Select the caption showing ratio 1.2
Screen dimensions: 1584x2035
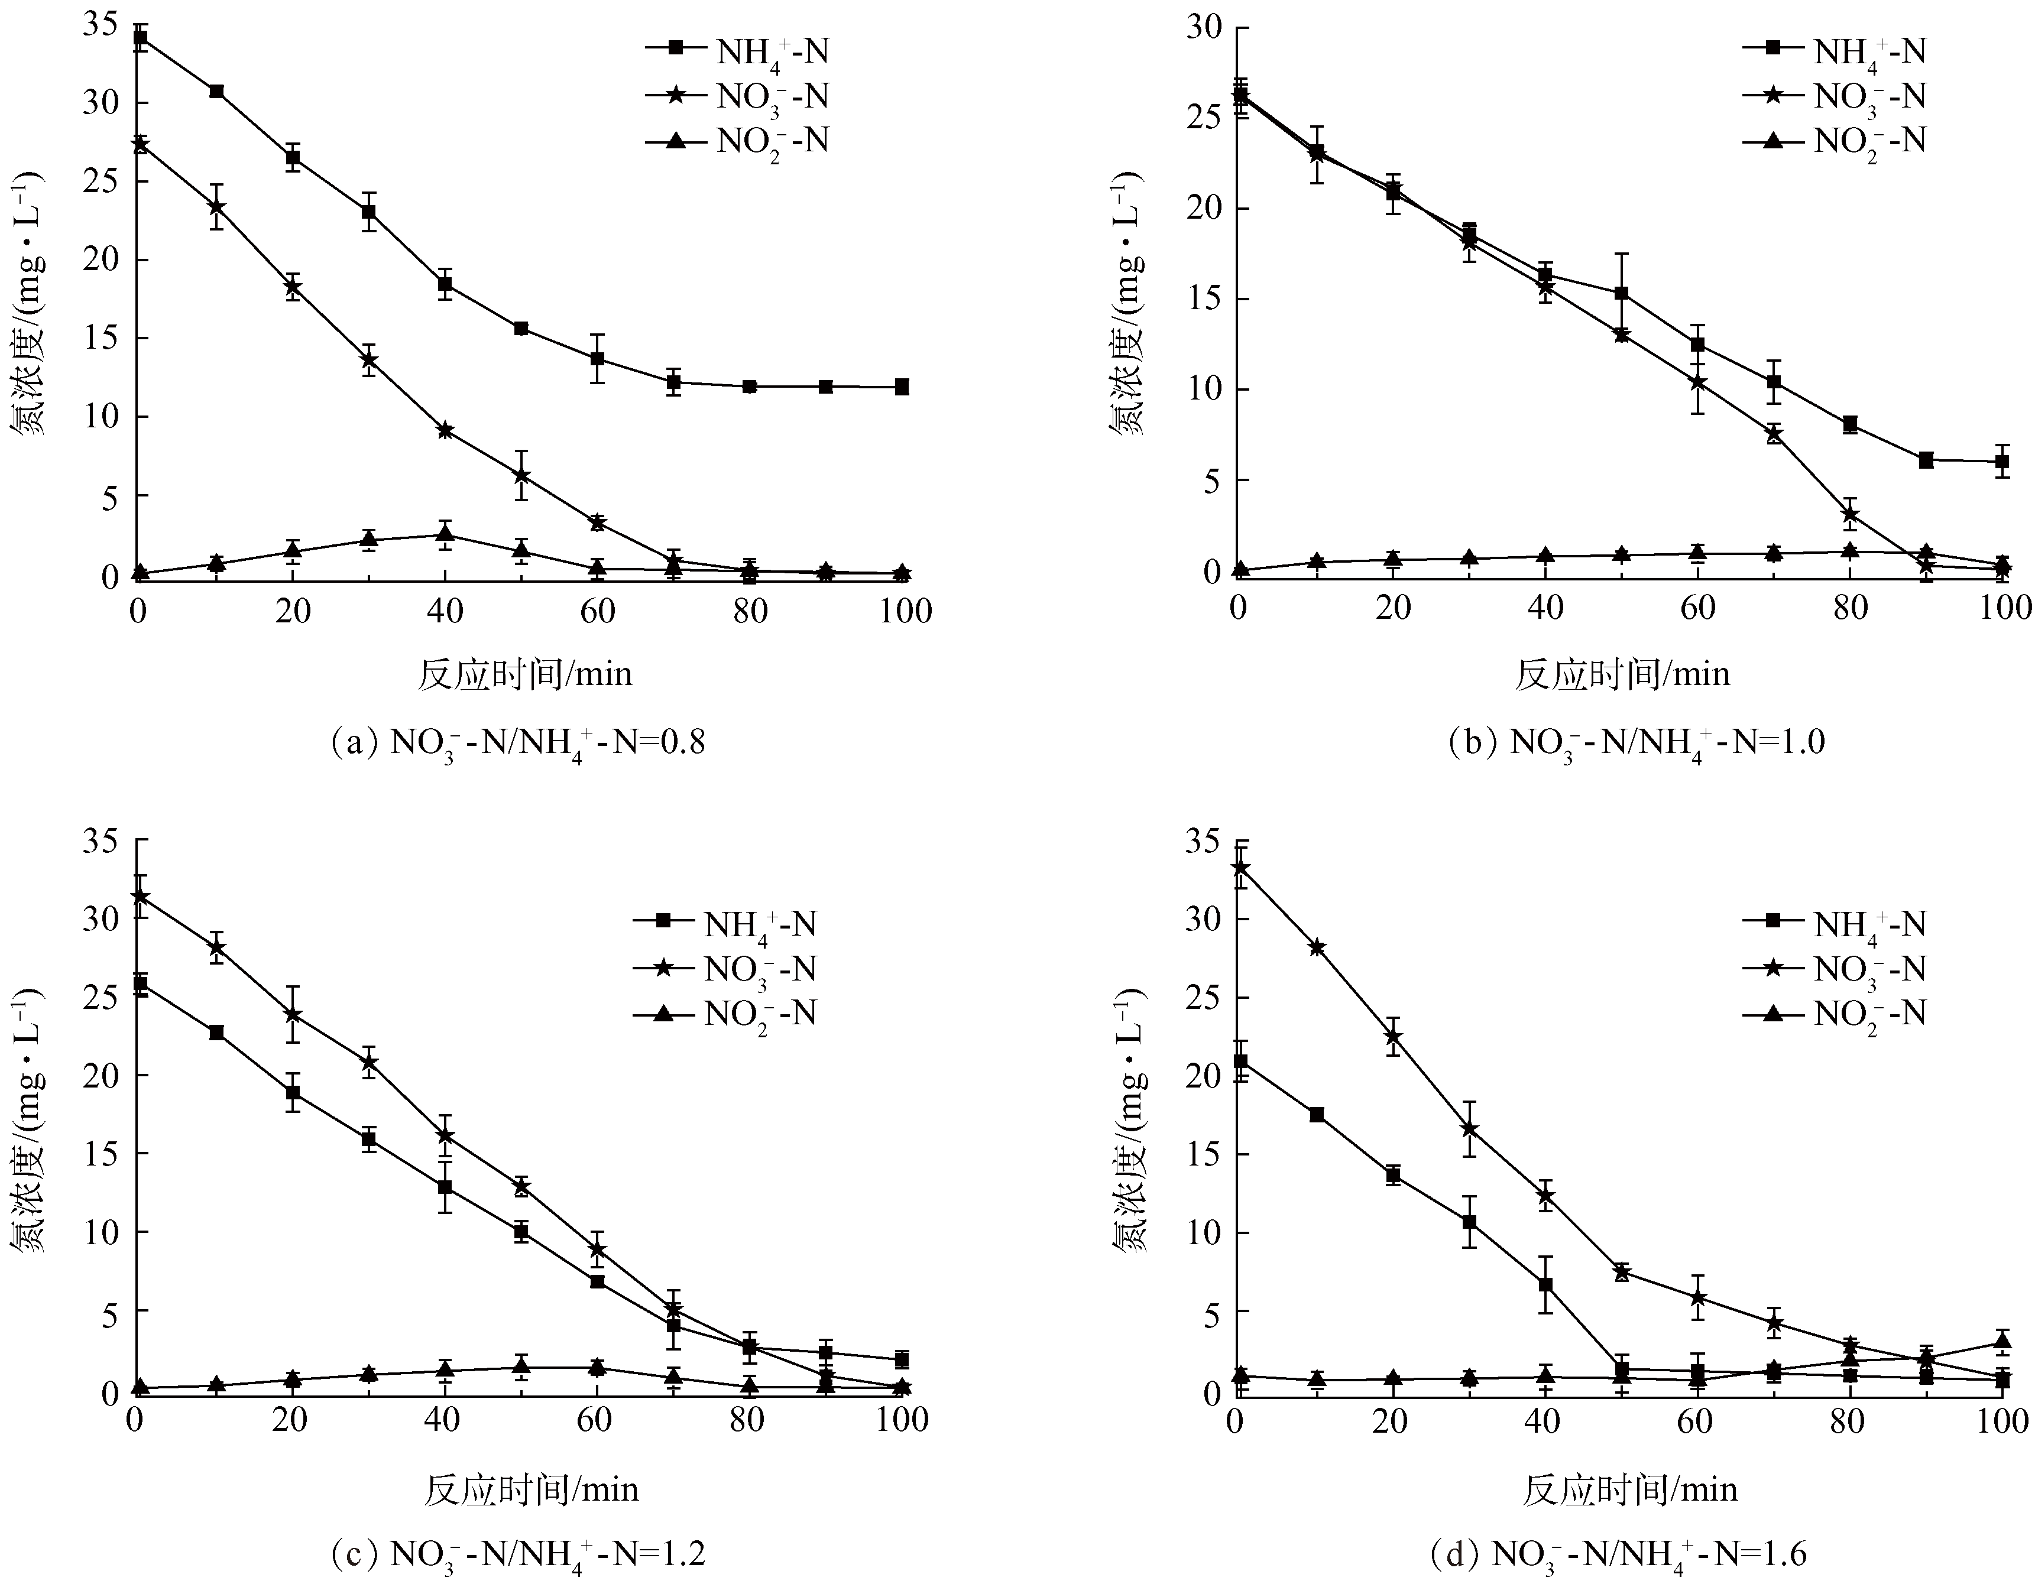click(518, 1554)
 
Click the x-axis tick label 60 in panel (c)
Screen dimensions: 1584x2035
click(594, 1420)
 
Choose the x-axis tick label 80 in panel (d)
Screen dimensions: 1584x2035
click(1848, 1420)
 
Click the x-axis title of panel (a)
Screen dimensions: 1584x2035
click(524, 674)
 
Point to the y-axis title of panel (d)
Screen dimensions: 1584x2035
click(1129, 1118)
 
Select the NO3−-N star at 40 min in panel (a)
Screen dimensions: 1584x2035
click(445, 430)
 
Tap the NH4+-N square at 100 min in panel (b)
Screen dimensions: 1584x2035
click(2001, 461)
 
